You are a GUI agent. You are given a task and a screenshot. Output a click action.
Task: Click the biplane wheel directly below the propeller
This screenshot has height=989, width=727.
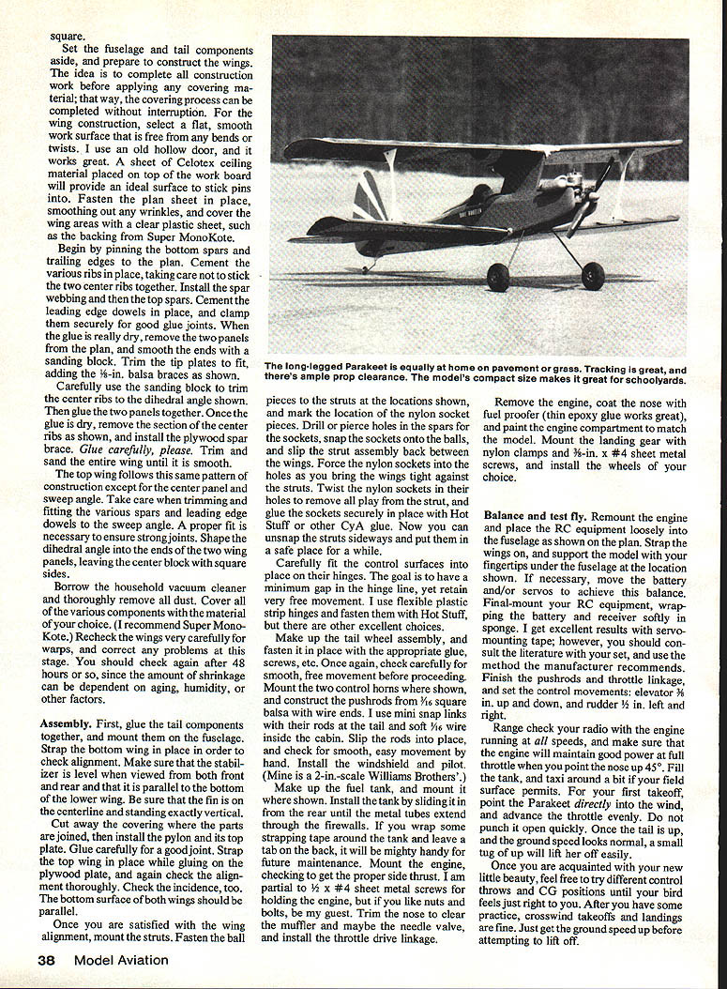coord(593,277)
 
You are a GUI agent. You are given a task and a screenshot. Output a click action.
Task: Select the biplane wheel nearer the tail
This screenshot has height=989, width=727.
coord(498,277)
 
